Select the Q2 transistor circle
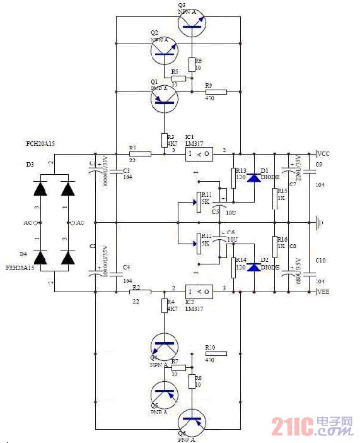(165, 53)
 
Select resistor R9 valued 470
(216, 92)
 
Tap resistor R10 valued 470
(216, 353)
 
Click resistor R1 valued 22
(140, 153)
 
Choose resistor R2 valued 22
(140, 292)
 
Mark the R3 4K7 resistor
(165, 139)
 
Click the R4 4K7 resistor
(165, 306)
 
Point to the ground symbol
(321, 222)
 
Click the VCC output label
(322, 153)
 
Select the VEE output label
(322, 292)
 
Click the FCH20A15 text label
(40, 143)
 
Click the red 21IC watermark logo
(311, 427)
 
